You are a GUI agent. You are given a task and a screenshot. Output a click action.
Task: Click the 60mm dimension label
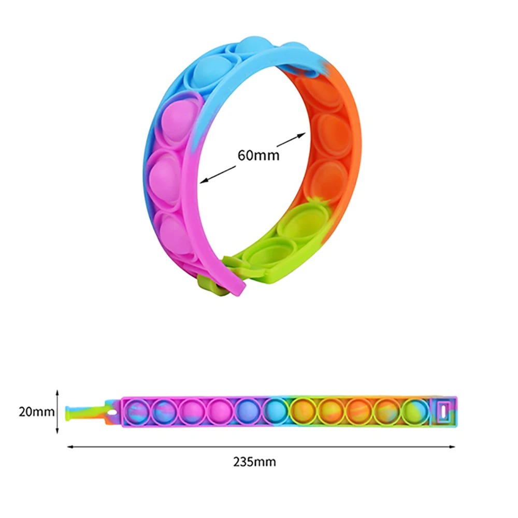(258, 155)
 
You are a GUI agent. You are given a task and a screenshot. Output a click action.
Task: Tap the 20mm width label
(36, 412)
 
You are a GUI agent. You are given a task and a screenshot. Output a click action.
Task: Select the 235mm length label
(254, 462)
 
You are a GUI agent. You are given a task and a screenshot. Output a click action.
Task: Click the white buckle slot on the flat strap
(443, 412)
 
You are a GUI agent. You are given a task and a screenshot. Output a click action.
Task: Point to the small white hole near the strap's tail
(112, 413)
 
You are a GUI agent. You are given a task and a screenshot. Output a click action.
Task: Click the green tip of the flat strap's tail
(68, 413)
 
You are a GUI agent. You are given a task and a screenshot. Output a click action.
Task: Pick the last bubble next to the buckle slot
(415, 411)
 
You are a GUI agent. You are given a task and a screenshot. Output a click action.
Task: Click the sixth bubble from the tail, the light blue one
(276, 411)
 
